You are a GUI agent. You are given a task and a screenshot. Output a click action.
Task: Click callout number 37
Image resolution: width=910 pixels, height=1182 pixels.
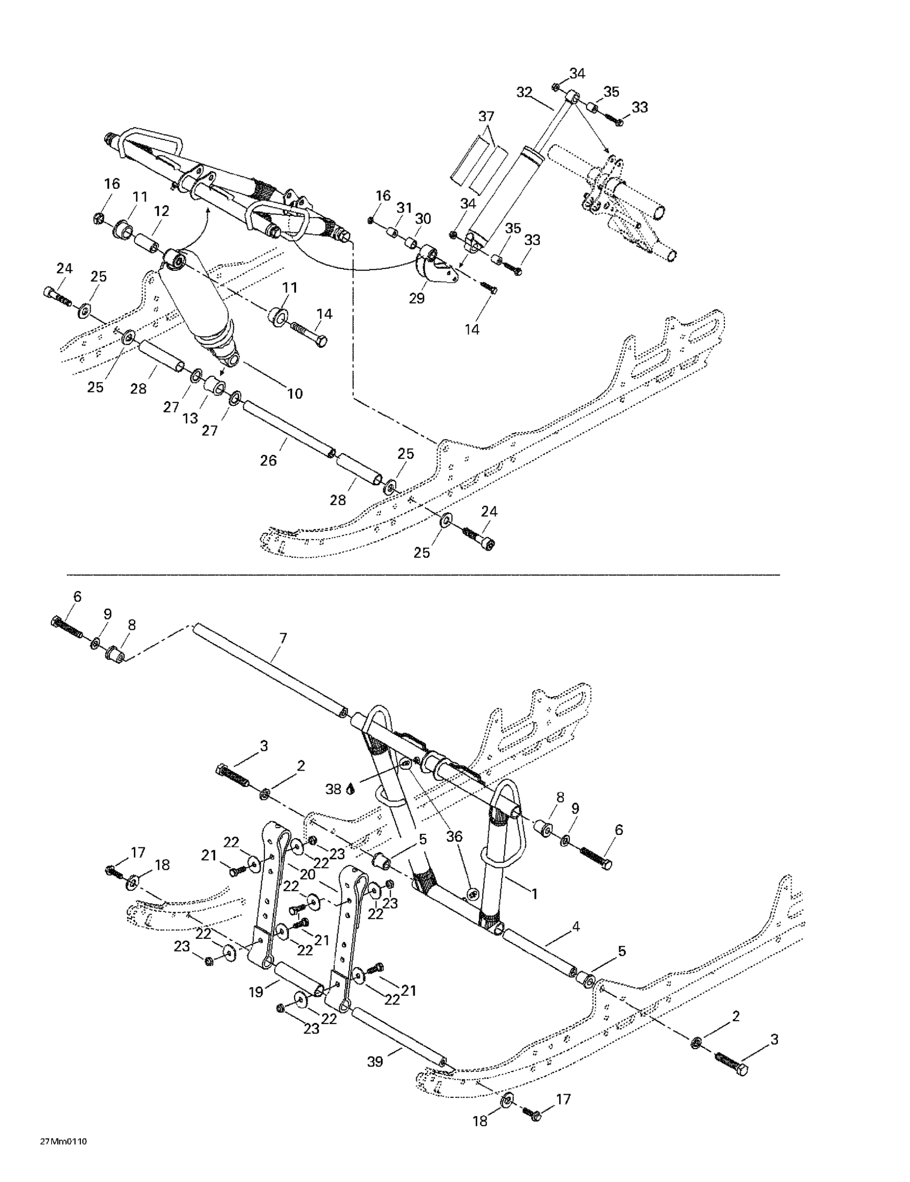coord(486,116)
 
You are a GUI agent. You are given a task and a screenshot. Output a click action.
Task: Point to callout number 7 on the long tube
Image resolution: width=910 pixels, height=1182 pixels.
coord(282,639)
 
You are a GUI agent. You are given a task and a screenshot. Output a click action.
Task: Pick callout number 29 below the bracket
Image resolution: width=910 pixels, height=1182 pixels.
coord(417,298)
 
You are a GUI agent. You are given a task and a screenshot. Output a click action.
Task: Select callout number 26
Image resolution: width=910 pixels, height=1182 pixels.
coord(268,461)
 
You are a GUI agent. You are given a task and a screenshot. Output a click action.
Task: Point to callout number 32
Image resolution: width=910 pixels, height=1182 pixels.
coord(524,93)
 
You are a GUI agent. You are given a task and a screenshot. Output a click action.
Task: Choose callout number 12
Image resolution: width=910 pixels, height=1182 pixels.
coord(161,211)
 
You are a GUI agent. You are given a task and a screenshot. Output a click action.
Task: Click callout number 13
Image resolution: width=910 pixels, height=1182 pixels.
coord(190,418)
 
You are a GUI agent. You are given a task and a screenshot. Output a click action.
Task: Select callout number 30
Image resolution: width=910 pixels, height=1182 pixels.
coord(423,219)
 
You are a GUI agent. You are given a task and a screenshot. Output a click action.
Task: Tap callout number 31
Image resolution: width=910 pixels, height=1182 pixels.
coord(404,207)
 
